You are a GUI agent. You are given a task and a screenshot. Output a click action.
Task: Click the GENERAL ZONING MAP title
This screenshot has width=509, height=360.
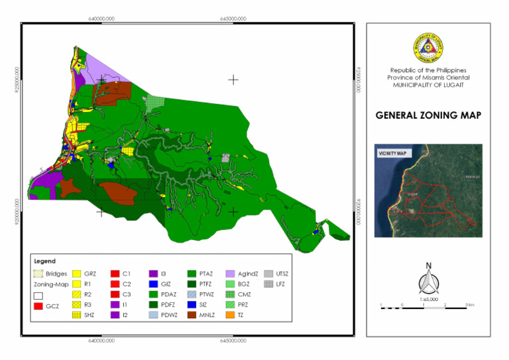click(x=428, y=115)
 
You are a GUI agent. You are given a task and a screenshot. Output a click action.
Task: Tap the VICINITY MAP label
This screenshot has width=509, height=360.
click(x=392, y=153)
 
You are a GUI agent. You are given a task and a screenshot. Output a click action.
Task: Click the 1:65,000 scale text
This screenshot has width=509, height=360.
click(x=428, y=299)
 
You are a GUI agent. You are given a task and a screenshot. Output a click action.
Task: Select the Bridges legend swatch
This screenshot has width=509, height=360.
click(x=38, y=273)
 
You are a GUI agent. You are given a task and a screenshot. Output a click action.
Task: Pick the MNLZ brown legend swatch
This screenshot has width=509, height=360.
click(x=192, y=316)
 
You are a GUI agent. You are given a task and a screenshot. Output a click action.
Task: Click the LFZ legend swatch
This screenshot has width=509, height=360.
click(x=268, y=284)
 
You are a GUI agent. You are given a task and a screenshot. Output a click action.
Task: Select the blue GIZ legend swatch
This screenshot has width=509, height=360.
click(x=153, y=284)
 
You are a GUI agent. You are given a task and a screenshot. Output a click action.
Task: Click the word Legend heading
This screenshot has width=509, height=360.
click(x=45, y=261)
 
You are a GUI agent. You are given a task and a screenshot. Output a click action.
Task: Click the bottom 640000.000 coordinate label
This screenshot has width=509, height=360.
click(x=101, y=340)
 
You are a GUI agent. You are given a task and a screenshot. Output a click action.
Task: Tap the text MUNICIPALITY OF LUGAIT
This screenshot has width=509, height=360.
click(x=428, y=85)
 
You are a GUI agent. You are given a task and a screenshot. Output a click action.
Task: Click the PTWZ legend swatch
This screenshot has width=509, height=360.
click(x=192, y=294)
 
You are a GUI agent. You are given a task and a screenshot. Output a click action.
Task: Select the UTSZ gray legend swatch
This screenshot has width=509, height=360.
click(x=268, y=273)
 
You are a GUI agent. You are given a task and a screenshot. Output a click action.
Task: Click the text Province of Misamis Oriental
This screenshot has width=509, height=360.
click(x=428, y=78)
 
